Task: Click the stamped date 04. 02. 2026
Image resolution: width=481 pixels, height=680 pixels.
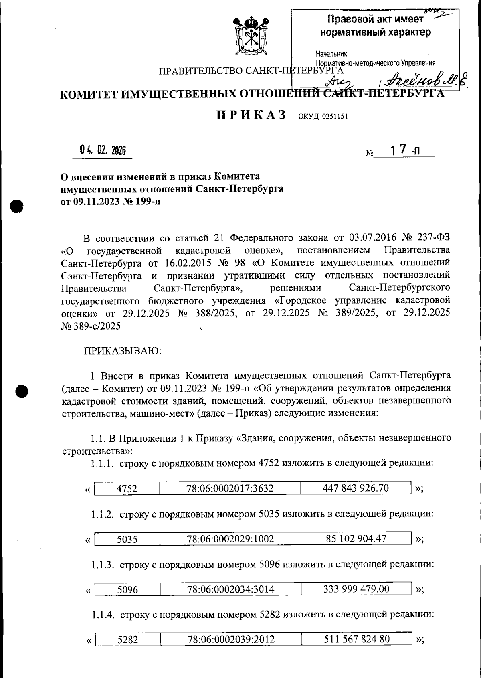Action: (x=103, y=151)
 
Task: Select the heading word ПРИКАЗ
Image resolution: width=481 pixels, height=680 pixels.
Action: (x=251, y=115)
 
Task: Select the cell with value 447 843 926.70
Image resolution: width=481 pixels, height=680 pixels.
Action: (x=356, y=488)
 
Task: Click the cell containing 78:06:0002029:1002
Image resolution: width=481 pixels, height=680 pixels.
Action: (x=230, y=538)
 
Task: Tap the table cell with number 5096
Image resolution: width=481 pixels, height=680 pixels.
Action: (x=127, y=589)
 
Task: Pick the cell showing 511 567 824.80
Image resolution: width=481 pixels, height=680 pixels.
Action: (x=357, y=639)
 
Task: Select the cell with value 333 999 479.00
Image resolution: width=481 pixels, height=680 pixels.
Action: (x=356, y=589)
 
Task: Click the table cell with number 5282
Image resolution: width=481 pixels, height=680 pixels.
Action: (x=127, y=640)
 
